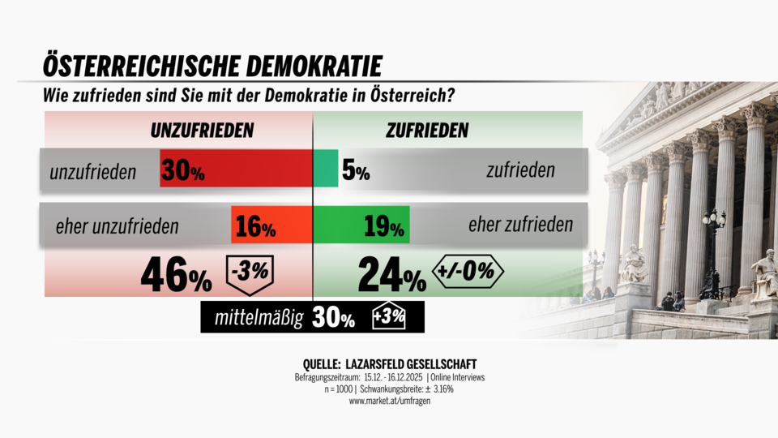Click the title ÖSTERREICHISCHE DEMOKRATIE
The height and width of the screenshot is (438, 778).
212,66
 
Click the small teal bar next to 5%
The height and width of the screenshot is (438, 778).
326,170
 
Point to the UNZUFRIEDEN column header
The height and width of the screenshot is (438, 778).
203,130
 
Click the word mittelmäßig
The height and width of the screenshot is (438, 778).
259,319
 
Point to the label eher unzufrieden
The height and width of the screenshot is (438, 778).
117,226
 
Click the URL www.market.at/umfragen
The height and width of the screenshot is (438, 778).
389,401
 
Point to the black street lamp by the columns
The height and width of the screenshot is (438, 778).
712,251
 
